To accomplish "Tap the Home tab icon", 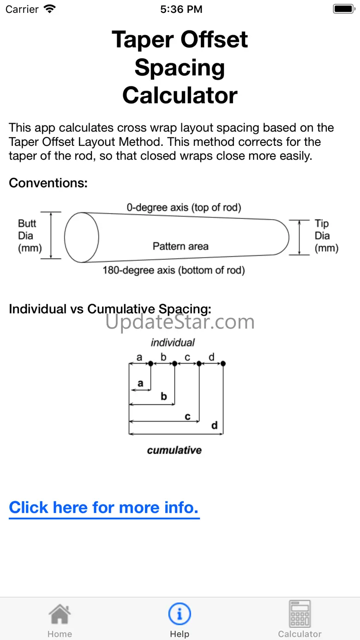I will (x=60, y=615).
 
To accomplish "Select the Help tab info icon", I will (x=180, y=614).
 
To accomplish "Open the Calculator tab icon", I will (x=300, y=614).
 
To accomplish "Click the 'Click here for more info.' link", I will (x=104, y=508).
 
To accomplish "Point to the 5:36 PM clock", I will (x=181, y=9).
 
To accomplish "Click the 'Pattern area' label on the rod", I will (x=180, y=246).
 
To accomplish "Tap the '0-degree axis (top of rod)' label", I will (x=184, y=208).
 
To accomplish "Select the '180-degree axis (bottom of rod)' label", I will (x=174, y=270).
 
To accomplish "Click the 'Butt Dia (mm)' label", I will (x=30, y=235).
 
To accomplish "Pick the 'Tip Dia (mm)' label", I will (x=326, y=235).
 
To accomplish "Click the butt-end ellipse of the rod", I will (x=82, y=237).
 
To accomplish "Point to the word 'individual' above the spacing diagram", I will (x=173, y=342).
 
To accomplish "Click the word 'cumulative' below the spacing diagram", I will (x=174, y=450).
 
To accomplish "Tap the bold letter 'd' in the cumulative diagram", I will (x=214, y=425).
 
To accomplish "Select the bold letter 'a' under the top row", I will (x=140, y=383).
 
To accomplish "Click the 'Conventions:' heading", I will (x=48, y=183).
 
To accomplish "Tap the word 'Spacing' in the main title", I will (x=180, y=68).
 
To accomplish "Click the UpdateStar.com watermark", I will (x=180, y=322).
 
